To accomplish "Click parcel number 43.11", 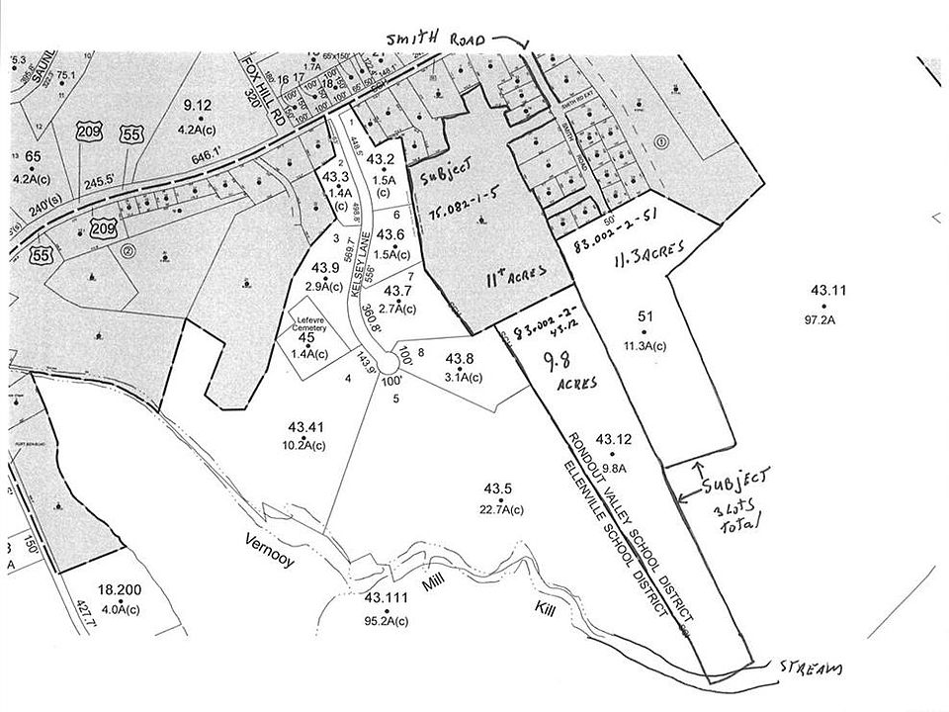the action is click(828, 291).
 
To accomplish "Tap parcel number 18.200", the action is click(119, 587).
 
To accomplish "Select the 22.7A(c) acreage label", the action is click(497, 511).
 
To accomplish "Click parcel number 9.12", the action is click(198, 106).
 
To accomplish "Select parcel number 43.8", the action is click(461, 358).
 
